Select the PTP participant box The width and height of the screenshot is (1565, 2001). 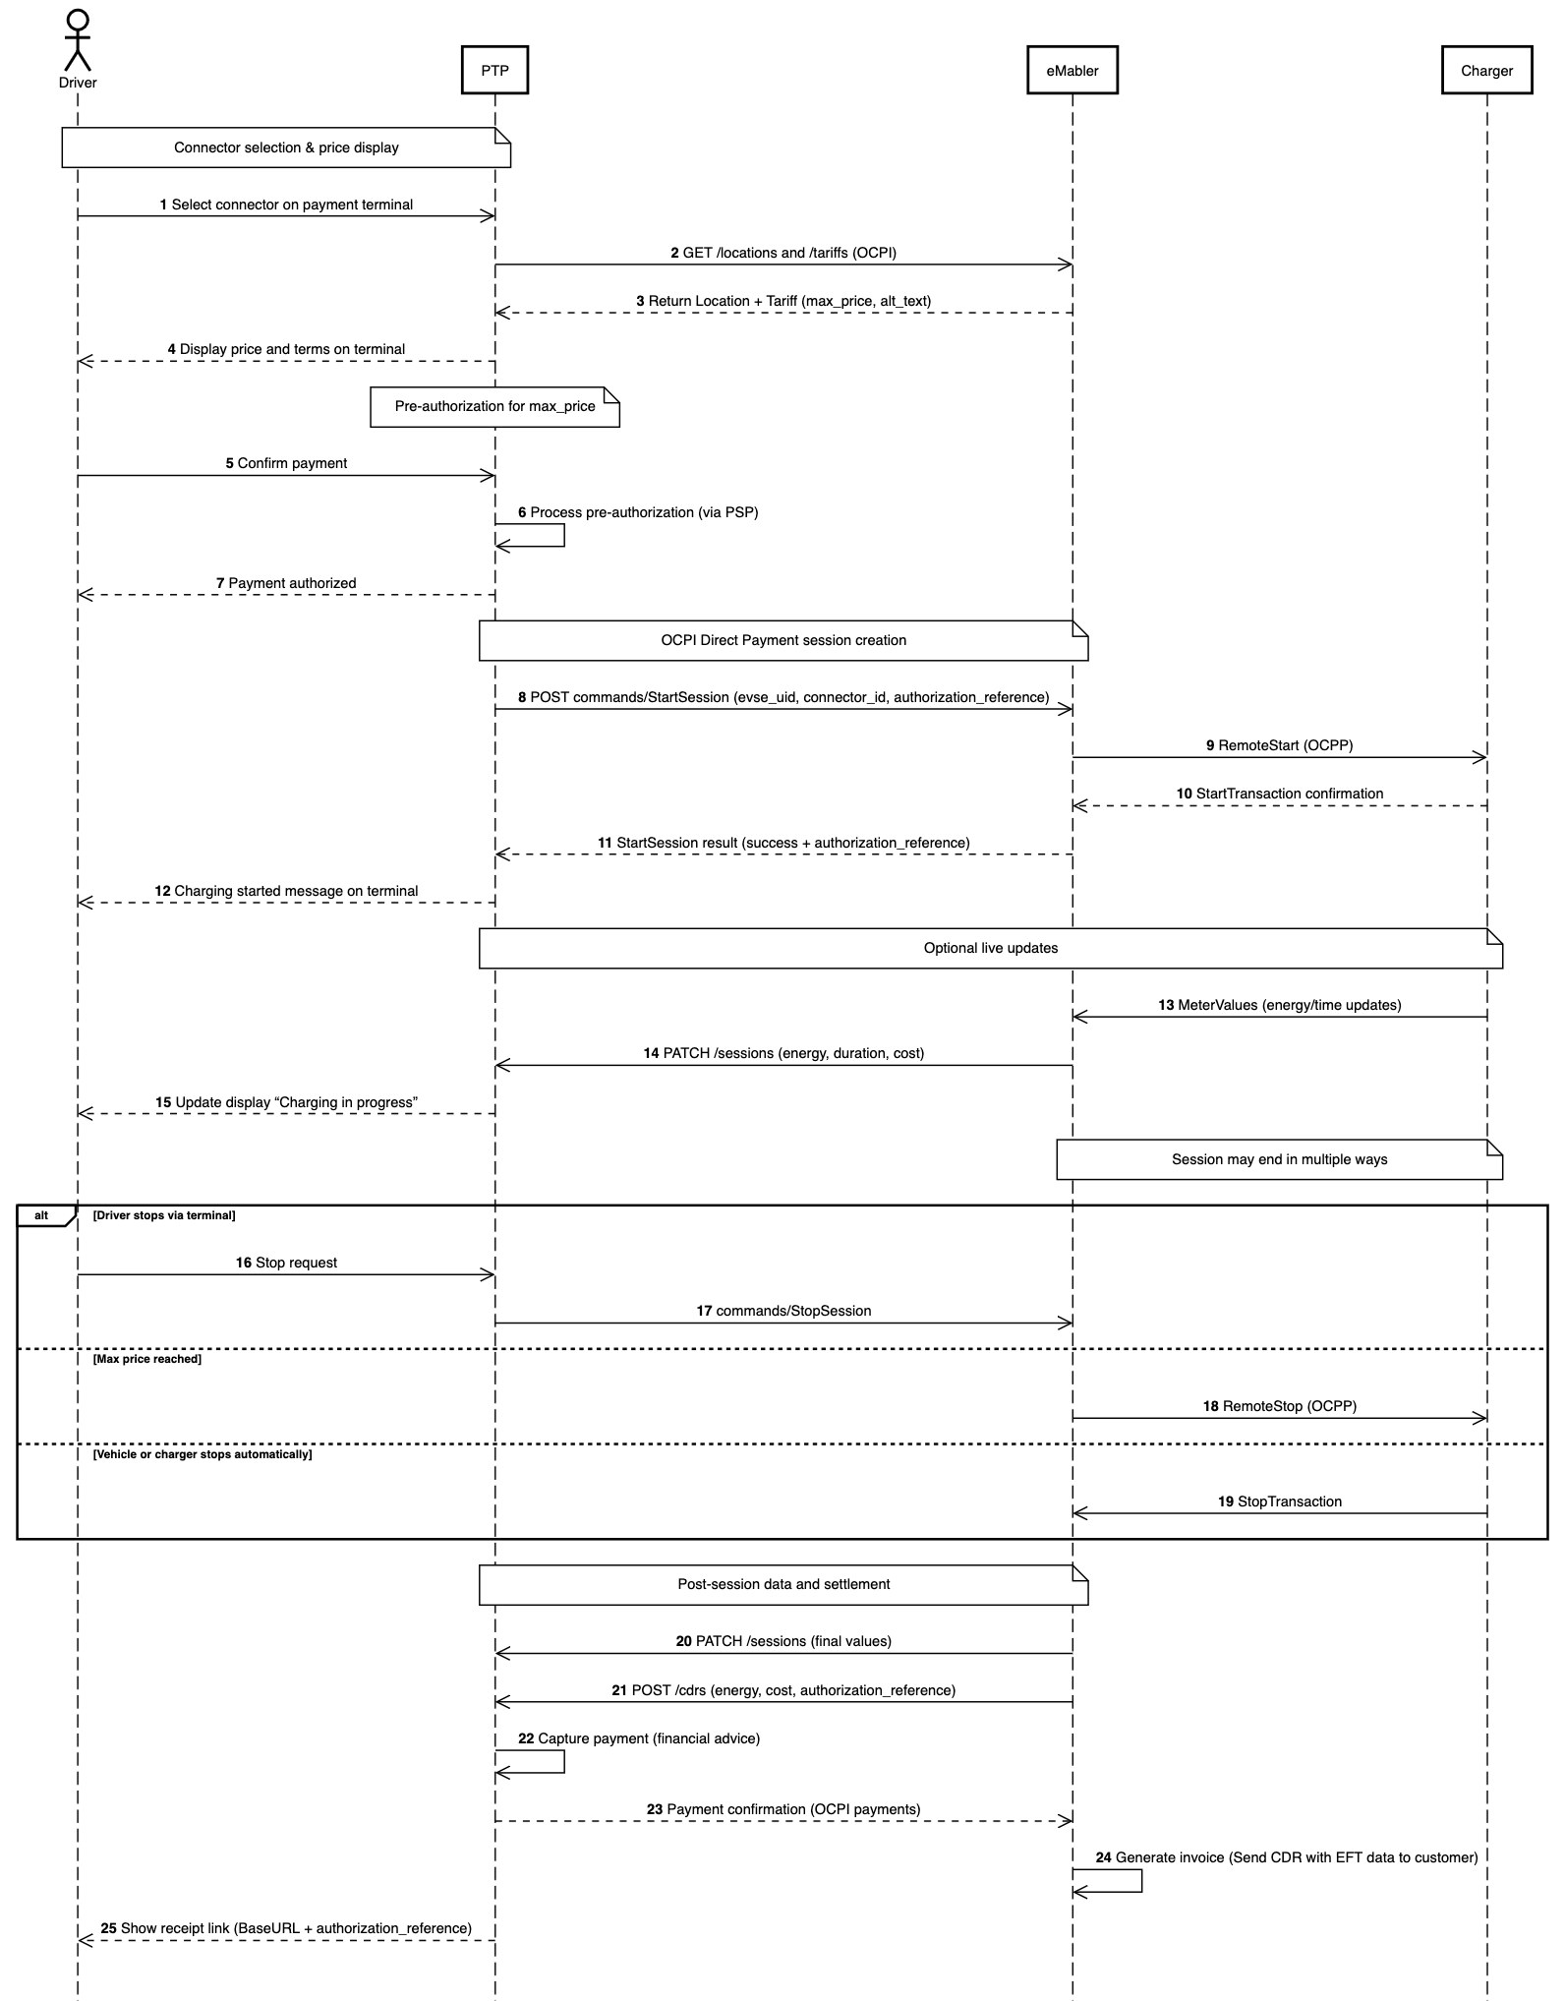(x=494, y=70)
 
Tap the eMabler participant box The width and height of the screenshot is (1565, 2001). (x=1072, y=70)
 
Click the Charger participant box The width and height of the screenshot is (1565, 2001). (x=1486, y=70)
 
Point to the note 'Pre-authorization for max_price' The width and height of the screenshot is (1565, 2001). (x=494, y=407)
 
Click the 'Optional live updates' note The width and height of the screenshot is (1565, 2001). (x=990, y=949)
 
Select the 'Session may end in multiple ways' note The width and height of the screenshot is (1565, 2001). (x=1279, y=1160)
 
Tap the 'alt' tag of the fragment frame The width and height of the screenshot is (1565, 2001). (x=42, y=1216)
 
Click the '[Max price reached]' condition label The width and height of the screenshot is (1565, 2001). (x=146, y=1359)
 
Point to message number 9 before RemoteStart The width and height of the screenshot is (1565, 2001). (x=1210, y=746)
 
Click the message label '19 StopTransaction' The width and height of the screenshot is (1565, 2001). (x=1279, y=1501)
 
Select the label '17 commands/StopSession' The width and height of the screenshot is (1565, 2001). (x=783, y=1311)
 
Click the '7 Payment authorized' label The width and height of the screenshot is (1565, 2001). (x=286, y=583)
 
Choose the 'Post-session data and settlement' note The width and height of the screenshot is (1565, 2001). (x=783, y=1585)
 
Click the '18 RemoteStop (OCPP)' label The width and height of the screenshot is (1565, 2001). (x=1279, y=1406)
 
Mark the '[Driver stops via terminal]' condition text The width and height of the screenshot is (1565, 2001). (x=164, y=1215)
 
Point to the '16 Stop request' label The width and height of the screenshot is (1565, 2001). (x=286, y=1263)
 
